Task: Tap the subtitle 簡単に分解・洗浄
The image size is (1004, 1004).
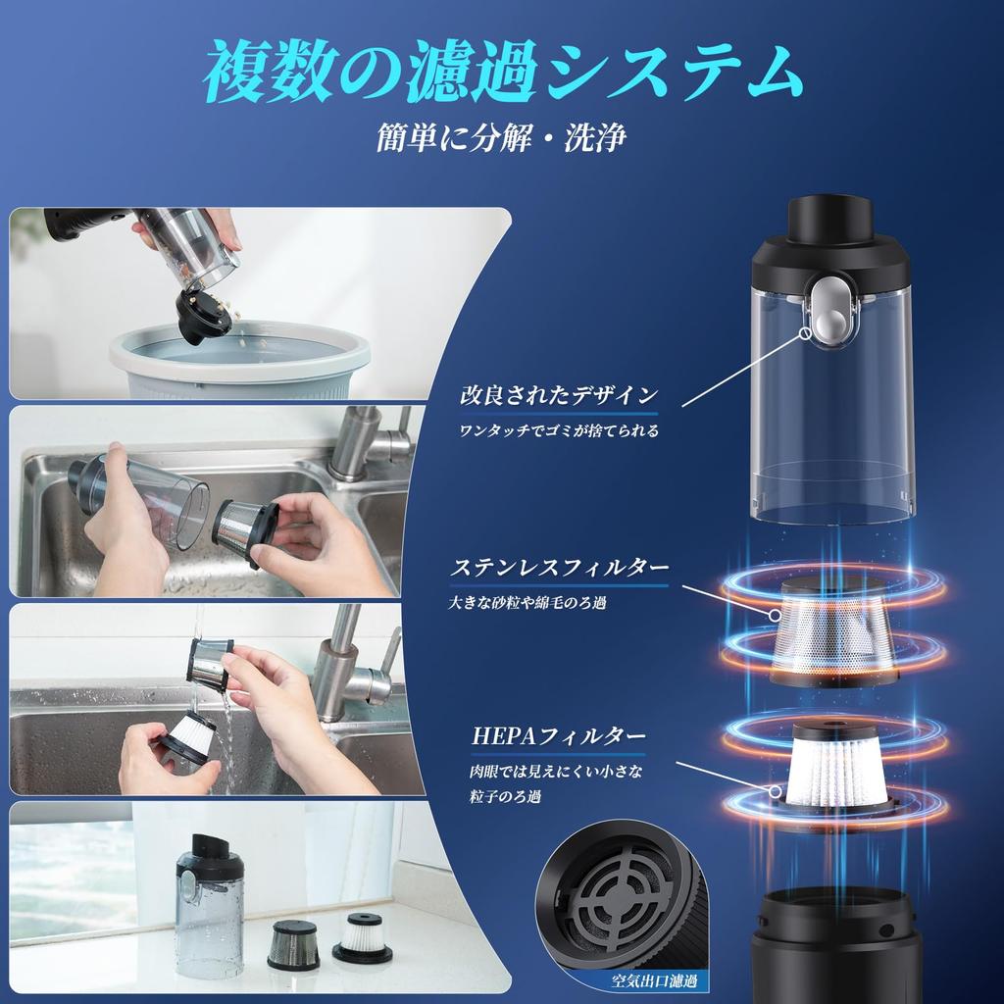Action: click(x=501, y=137)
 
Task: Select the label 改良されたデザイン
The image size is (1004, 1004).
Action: click(x=559, y=396)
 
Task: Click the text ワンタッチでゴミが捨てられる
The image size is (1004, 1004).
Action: click(x=560, y=430)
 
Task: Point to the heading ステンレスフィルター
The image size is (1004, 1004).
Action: click(x=560, y=568)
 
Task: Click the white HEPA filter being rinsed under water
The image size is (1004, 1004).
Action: click(x=189, y=736)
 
